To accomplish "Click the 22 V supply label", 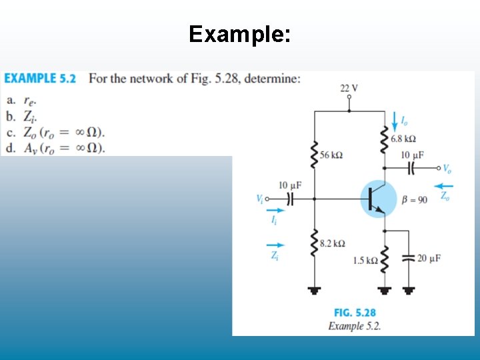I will (x=349, y=88).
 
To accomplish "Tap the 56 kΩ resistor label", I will (x=331, y=155).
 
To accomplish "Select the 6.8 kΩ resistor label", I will (x=403, y=139).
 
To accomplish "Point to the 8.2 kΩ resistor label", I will (x=333, y=243).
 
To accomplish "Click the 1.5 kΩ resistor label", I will (x=365, y=261).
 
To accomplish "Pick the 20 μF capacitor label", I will (x=429, y=258).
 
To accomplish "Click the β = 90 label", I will (x=415, y=199).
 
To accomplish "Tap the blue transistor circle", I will (x=378, y=199).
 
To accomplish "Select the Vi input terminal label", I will (x=259, y=198).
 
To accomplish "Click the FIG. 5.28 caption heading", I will (x=355, y=313).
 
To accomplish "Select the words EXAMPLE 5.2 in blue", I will (x=40, y=79).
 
